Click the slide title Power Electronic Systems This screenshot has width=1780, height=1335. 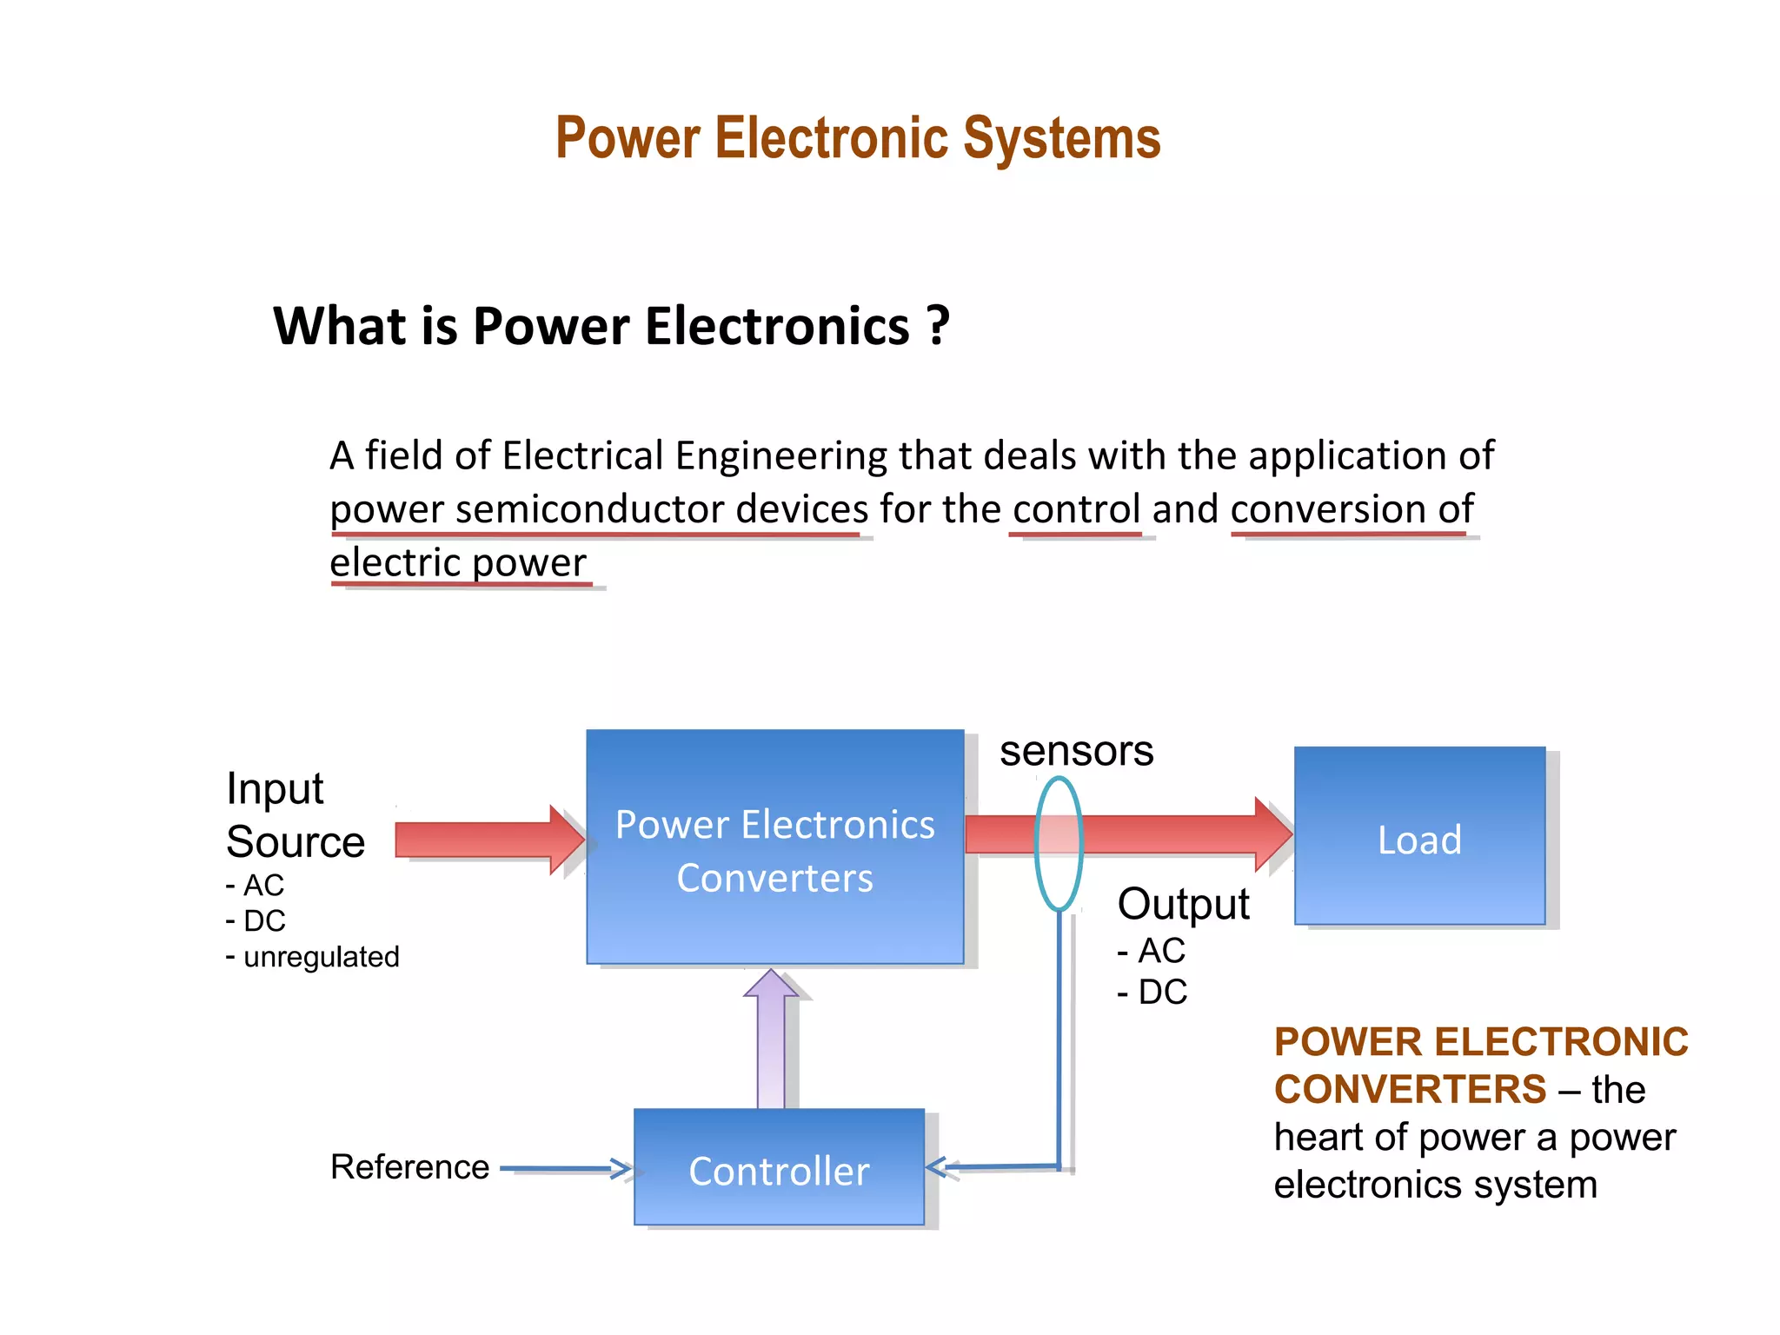(858, 139)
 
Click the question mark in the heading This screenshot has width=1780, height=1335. (938, 326)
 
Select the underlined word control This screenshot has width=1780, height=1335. (1076, 509)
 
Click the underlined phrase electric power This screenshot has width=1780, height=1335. (458, 563)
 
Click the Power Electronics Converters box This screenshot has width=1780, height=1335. (774, 847)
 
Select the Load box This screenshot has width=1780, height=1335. (1419, 837)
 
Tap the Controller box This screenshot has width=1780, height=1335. (779, 1167)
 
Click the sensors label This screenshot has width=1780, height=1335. (1076, 751)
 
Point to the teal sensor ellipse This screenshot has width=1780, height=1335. (1037, 842)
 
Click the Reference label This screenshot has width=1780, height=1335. (409, 1167)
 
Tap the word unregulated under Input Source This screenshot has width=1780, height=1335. (321, 957)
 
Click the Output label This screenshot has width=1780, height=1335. (1183, 904)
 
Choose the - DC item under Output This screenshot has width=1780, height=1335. (1152, 992)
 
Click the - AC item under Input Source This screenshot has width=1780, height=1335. (256, 886)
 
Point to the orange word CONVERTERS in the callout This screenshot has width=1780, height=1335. (1410, 1090)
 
